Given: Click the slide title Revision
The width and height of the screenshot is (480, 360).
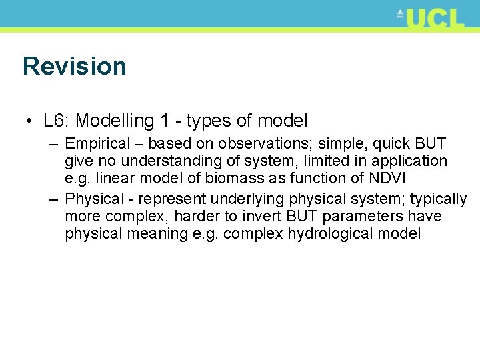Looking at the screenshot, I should (74, 67).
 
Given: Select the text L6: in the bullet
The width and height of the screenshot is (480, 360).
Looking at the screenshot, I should (57, 121).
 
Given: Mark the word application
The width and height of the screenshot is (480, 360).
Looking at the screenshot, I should (409, 161).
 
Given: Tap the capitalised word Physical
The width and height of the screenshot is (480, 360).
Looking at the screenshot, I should (95, 199).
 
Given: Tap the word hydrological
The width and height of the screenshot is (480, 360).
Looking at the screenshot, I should (337, 234).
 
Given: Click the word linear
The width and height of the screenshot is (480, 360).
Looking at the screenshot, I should (113, 178).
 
